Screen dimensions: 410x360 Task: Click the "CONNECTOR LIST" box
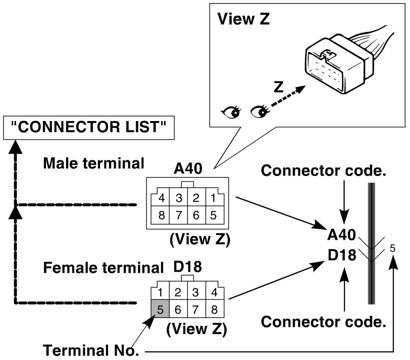click(x=88, y=128)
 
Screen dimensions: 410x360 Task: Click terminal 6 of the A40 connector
click(x=197, y=215)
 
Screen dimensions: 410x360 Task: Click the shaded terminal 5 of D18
click(x=160, y=309)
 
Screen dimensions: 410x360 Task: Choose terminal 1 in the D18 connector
click(x=160, y=291)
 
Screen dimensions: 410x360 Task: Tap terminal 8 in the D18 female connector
click(x=215, y=309)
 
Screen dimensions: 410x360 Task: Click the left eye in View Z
click(x=231, y=112)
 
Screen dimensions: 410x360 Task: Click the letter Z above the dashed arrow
click(x=279, y=87)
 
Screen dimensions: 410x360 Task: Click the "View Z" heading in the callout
click(x=243, y=19)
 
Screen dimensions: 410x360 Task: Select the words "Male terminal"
click(x=94, y=163)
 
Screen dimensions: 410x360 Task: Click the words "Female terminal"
click(x=104, y=268)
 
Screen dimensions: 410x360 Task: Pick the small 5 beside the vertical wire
click(x=393, y=248)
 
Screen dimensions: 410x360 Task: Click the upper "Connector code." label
click(x=323, y=171)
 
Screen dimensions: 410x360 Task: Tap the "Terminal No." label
click(x=91, y=350)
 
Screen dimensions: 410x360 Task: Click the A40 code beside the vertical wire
click(x=342, y=234)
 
